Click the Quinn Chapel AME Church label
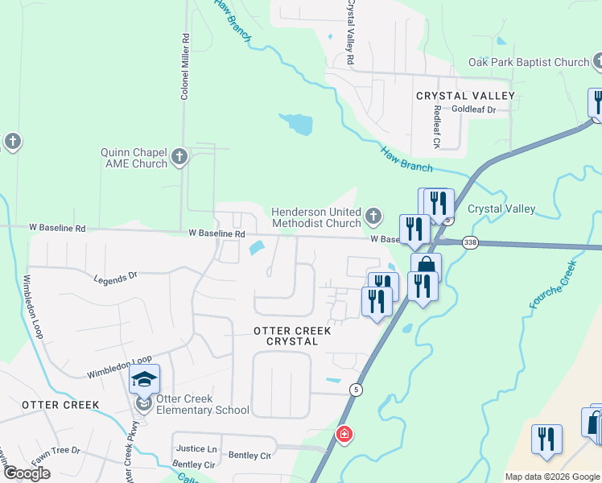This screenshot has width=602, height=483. (x=134, y=158)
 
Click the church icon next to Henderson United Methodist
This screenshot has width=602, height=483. (x=373, y=216)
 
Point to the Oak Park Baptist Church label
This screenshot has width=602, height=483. (x=529, y=62)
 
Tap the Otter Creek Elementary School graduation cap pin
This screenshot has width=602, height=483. (x=145, y=379)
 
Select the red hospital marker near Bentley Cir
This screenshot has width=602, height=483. (x=344, y=435)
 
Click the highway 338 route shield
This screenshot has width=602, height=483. (x=471, y=242)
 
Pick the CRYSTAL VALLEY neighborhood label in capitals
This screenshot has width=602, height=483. (x=465, y=96)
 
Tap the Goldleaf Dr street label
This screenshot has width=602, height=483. (x=472, y=109)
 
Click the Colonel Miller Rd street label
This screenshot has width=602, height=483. (x=185, y=67)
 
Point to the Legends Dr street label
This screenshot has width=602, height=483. (x=115, y=278)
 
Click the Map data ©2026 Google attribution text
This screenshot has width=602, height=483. (x=552, y=477)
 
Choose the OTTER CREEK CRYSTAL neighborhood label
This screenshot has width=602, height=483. (x=286, y=336)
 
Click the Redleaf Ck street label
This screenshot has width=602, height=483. (x=437, y=127)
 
